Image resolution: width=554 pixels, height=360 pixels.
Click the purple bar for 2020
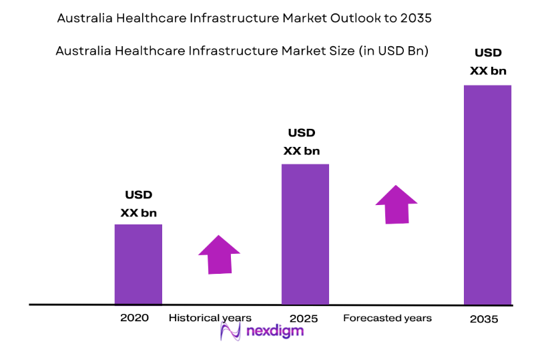[138, 264]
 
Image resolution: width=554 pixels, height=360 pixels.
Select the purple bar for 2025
[305, 234]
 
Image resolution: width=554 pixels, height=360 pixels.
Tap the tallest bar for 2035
[487, 194]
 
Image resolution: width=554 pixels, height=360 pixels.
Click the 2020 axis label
[134, 318]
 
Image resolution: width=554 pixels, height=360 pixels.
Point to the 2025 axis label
[304, 319]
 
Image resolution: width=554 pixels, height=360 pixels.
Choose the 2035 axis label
[484, 319]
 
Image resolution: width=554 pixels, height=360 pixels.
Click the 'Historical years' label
[210, 318]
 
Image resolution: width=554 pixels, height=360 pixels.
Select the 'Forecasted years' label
[387, 319]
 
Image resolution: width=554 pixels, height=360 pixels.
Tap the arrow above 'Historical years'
[219, 254]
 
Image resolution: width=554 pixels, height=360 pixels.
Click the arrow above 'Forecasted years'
[396, 204]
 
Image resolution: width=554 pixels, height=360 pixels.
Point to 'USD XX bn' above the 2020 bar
[139, 204]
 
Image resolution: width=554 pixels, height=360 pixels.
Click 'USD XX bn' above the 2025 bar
[302, 142]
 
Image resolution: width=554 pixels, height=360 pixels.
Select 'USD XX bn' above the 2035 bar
[488, 61]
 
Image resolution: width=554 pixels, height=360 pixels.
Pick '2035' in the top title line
[417, 19]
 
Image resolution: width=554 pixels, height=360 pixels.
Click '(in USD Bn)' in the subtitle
[393, 51]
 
